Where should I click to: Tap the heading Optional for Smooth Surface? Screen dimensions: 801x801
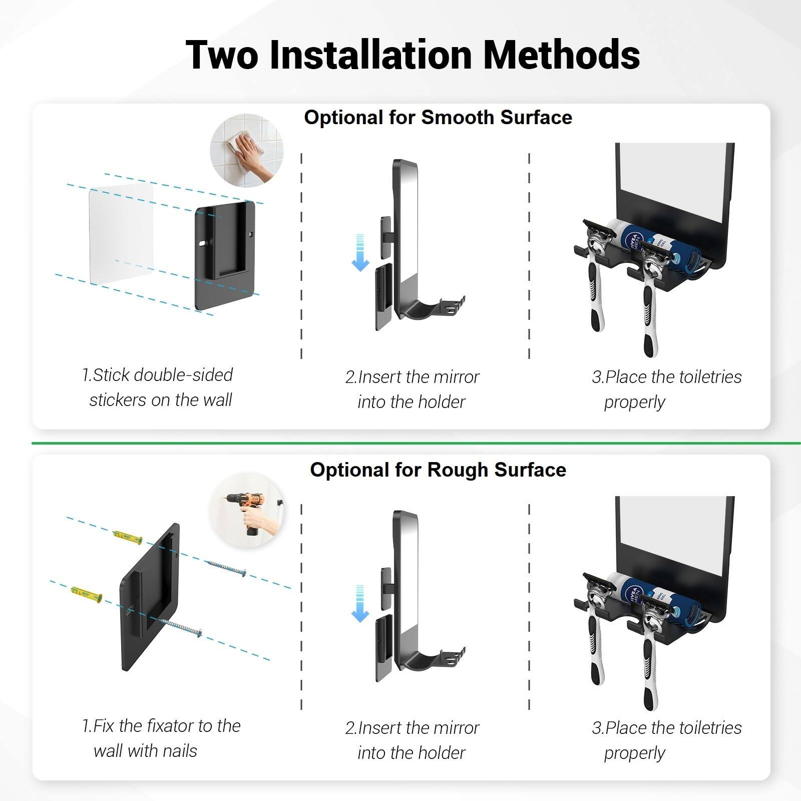(438, 118)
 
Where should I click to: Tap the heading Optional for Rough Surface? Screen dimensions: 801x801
(438, 470)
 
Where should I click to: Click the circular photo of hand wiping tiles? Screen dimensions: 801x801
(246, 150)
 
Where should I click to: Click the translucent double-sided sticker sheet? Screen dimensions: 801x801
(120, 234)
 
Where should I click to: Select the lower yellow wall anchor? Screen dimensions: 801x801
(87, 594)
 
